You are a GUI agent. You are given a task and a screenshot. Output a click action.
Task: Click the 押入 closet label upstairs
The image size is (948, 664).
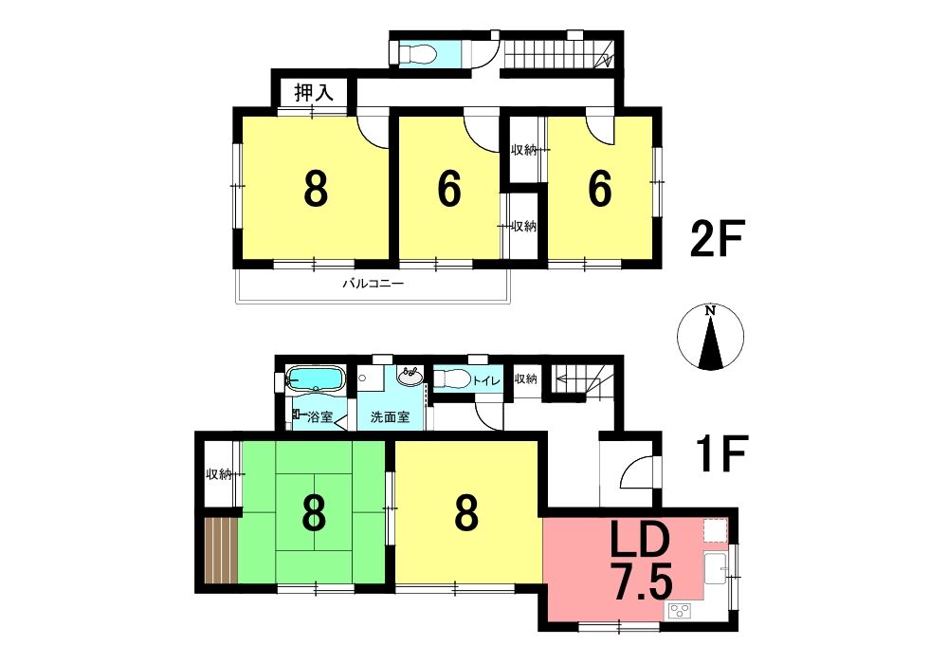click(x=314, y=93)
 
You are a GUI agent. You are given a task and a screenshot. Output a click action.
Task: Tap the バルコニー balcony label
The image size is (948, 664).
click(x=373, y=283)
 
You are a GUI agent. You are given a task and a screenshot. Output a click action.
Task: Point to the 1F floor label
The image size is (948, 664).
click(x=721, y=453)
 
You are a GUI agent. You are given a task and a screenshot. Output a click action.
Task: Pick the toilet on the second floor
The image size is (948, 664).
click(x=417, y=53)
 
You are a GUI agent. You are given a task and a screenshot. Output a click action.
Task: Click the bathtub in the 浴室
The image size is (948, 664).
click(x=315, y=379)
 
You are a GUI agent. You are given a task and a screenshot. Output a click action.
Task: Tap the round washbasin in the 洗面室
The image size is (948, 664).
click(x=410, y=376)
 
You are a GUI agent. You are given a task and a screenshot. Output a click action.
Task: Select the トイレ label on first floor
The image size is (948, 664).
click(x=486, y=380)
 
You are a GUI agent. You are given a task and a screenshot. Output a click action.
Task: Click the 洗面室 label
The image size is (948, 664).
click(x=390, y=416)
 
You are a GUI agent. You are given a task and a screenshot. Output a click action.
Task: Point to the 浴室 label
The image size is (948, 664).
click(x=319, y=416)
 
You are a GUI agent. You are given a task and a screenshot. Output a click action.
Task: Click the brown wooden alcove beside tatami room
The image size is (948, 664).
click(x=221, y=550)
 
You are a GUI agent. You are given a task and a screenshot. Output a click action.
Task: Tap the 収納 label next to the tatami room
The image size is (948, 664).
click(x=218, y=474)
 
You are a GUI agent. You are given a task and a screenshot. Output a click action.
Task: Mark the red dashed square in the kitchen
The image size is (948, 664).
click(x=715, y=531)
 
